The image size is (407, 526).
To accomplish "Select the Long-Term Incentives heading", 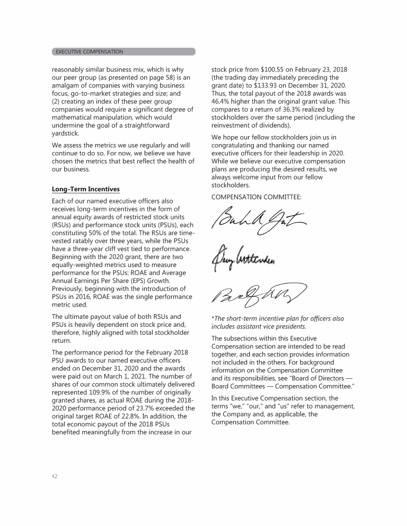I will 86,189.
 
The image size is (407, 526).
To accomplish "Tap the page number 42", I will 55,476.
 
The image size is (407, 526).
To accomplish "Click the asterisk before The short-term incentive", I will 213,319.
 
